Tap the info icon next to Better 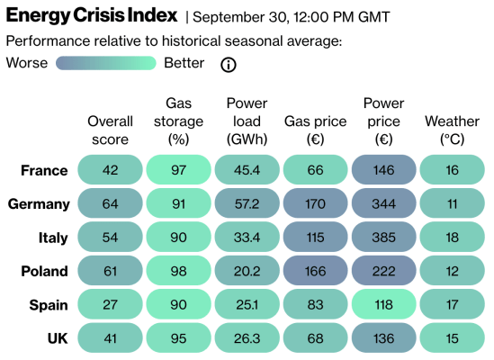coord(229,64)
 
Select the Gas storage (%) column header coord(178,121)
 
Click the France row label coord(44,170)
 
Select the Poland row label coord(44,270)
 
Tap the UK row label coord(56,337)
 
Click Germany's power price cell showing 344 coord(383,203)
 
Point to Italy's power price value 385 coord(383,237)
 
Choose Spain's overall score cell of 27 coord(110,304)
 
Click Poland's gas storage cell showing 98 coord(178,270)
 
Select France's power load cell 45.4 coord(247,170)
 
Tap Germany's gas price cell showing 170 coord(315,203)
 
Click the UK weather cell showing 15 coord(452,337)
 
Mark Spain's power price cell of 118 coord(383,304)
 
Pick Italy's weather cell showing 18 coord(452,237)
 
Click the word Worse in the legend coord(27,63)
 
